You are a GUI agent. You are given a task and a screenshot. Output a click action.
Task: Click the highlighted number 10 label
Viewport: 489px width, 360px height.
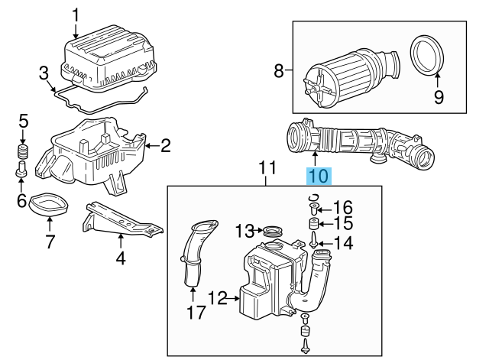tap(319, 177)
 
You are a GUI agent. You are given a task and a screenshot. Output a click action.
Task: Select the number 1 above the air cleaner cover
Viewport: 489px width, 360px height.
tap(76, 14)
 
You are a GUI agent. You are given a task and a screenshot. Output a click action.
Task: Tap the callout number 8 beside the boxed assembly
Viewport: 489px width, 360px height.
tap(279, 72)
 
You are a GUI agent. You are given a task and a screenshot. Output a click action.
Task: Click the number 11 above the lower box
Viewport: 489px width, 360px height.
tap(266, 168)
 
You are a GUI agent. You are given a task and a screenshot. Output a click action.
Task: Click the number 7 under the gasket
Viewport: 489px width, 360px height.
tap(50, 243)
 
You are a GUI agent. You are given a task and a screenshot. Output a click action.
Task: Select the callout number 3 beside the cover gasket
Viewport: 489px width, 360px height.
tap(44, 73)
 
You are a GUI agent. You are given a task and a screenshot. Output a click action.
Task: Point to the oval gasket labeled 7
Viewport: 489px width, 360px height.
tap(47, 204)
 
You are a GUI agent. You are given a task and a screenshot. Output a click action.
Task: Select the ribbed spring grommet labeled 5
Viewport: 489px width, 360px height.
tap(23, 151)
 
